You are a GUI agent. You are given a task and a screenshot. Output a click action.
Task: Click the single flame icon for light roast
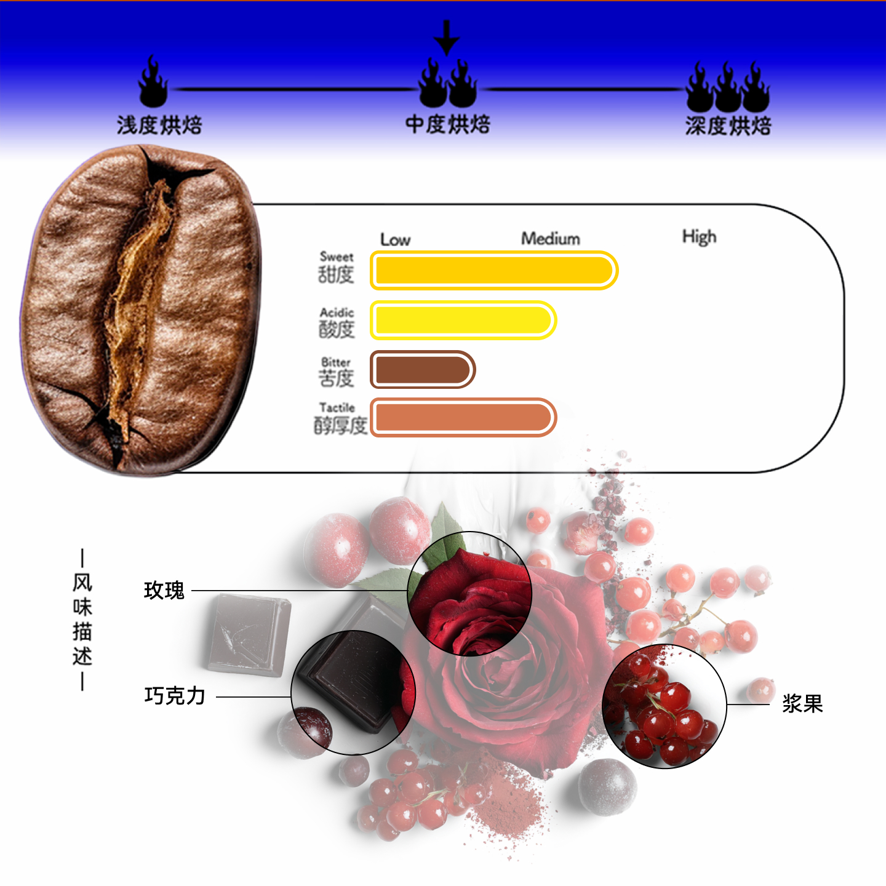click(x=153, y=83)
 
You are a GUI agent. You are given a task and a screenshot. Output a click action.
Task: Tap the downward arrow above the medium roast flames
click(x=447, y=38)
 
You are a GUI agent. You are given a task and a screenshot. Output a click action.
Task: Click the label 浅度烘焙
click(x=159, y=125)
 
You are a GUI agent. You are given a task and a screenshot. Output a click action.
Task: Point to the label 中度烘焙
click(x=447, y=124)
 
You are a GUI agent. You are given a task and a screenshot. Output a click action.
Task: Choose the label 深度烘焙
click(x=728, y=126)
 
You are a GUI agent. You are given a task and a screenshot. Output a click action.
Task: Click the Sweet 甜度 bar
click(x=493, y=270)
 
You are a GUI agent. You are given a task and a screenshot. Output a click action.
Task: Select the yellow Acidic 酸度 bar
click(x=463, y=320)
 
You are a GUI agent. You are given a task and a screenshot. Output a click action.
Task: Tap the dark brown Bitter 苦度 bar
click(x=422, y=369)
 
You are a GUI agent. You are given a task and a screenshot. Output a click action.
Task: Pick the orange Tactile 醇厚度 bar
click(x=463, y=418)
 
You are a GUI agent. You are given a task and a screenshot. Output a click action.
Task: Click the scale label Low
click(x=395, y=239)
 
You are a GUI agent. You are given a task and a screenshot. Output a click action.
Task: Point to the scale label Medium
click(x=551, y=238)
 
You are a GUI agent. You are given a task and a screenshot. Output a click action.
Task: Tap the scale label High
click(x=699, y=237)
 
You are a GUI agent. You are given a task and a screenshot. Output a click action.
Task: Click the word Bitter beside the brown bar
click(x=336, y=362)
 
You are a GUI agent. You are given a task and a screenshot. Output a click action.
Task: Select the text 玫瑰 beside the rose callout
click(x=164, y=591)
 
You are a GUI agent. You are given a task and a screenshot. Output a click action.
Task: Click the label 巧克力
click(x=175, y=696)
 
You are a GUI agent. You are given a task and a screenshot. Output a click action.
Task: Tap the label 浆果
click(x=802, y=703)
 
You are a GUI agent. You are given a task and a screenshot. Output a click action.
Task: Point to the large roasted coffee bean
click(x=142, y=308)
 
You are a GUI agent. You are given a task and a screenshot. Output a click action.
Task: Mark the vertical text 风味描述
click(x=82, y=619)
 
